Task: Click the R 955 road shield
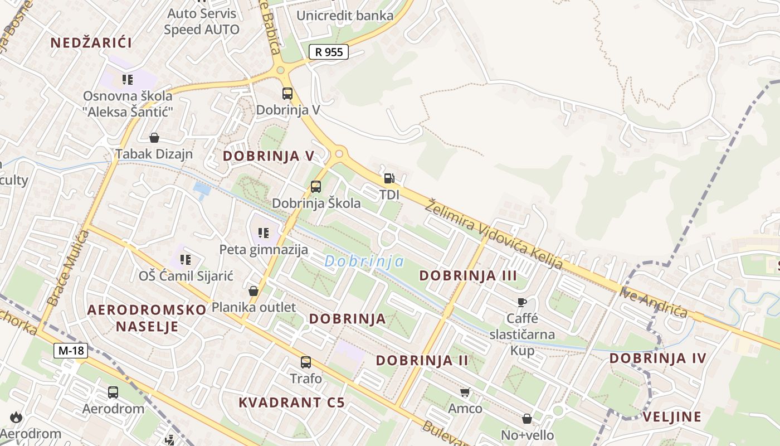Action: pos(329,52)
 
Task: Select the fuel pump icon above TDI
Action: pos(389,179)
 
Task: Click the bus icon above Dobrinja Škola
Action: pos(316,187)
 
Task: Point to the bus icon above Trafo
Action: pos(306,362)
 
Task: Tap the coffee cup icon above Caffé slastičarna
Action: pos(522,302)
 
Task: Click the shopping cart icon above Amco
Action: pos(465,392)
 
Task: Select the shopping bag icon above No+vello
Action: pos(527,418)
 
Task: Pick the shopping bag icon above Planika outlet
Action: pos(253,290)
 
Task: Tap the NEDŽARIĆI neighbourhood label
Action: pos(91,42)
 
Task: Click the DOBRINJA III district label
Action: pos(468,275)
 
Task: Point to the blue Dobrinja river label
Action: pos(364,261)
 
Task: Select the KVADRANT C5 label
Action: pos(292,403)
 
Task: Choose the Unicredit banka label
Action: pos(345,16)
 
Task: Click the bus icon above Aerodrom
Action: pos(113,392)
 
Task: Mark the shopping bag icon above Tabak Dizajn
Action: pos(154,138)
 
